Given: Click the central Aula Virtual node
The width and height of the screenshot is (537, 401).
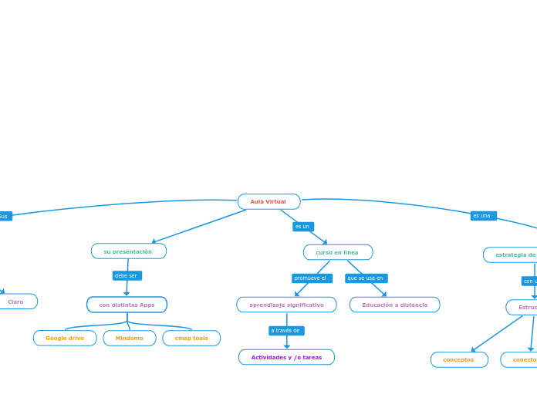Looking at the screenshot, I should pyautogui.click(x=268, y=202).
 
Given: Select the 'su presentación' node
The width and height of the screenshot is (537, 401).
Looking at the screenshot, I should pyautogui.click(x=128, y=251).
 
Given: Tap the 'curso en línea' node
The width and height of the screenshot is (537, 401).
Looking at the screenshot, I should pyautogui.click(x=337, y=252).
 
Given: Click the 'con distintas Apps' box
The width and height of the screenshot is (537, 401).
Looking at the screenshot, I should pyautogui.click(x=127, y=305).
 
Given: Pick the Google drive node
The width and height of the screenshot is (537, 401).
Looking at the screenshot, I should pyautogui.click(x=65, y=338).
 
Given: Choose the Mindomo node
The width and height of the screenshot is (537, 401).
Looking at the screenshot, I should pyautogui.click(x=130, y=338).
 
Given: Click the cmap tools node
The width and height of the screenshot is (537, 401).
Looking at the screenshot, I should pyautogui.click(x=191, y=338).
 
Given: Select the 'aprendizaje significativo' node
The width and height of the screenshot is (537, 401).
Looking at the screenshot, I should pyautogui.click(x=286, y=305).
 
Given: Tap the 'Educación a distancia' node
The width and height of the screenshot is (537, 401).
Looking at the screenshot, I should pyautogui.click(x=394, y=305).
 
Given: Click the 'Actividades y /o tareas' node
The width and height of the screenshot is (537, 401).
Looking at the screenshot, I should pyautogui.click(x=286, y=357).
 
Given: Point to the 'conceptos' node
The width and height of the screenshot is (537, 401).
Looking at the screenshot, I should pyautogui.click(x=459, y=359).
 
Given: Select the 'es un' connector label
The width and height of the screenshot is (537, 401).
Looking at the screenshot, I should pyautogui.click(x=302, y=227).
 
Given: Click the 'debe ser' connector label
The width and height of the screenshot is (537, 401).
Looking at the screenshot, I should pyautogui.click(x=127, y=275).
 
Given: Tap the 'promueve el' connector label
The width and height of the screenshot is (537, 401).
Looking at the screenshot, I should pyautogui.click(x=311, y=278).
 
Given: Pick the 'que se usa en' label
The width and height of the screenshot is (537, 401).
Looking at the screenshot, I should pyautogui.click(x=366, y=278).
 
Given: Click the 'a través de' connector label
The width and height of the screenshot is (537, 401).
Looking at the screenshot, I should pyautogui.click(x=286, y=331).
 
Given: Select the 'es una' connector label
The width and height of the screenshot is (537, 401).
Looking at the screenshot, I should pyautogui.click(x=483, y=216).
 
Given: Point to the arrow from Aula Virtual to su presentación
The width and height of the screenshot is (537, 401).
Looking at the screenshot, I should pyautogui.click(x=199, y=226).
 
